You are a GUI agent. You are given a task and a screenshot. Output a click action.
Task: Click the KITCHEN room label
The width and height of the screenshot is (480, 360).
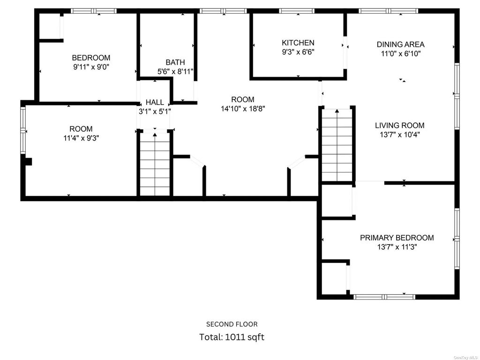click(x=298, y=43)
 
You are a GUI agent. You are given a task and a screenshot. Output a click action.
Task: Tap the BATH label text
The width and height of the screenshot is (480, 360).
click(x=175, y=62)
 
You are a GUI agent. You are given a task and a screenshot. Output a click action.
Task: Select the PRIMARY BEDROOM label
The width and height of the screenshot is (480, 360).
click(x=397, y=238)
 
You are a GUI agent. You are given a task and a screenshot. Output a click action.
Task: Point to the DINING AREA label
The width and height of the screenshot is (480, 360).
click(x=400, y=45)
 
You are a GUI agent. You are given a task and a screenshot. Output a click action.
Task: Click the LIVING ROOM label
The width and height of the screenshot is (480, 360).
click(x=399, y=125)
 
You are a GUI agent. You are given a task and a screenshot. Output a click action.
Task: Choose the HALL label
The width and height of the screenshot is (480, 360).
click(x=155, y=102)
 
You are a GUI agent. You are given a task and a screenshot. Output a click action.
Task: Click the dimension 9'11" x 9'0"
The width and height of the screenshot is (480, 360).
click(x=91, y=67)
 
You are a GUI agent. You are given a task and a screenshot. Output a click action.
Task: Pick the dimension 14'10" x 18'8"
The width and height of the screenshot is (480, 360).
click(x=243, y=108)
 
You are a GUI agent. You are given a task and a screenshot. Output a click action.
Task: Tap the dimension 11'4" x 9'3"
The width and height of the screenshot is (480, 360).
click(x=81, y=138)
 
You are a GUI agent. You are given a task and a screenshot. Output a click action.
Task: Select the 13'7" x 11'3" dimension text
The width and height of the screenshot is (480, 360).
click(x=397, y=247)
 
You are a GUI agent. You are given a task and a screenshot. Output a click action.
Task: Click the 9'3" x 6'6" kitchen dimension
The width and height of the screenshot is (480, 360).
click(x=298, y=52)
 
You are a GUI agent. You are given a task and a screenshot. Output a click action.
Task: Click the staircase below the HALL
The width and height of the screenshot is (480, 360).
click(x=155, y=164)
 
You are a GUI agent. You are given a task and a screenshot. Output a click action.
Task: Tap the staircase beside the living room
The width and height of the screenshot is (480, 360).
click(x=337, y=145)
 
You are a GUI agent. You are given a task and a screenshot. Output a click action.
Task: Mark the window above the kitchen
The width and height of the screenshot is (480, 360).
click(x=297, y=11)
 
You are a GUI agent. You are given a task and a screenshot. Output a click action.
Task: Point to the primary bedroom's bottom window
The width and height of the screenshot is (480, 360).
click(x=384, y=297)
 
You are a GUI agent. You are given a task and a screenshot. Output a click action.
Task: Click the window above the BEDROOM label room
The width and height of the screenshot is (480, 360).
click(x=94, y=11)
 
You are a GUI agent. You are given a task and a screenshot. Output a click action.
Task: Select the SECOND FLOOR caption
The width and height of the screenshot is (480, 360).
click(x=232, y=324)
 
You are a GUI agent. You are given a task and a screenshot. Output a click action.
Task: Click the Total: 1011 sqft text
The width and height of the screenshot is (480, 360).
click(x=232, y=337)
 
